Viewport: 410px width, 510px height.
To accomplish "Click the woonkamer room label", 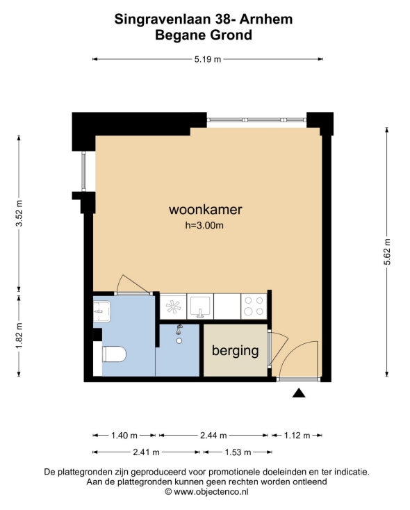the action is [205, 209].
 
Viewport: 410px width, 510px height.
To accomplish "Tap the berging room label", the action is [236, 351].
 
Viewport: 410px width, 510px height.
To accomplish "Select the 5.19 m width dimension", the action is [208, 59].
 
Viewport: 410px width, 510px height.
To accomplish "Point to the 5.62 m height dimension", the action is [387, 252].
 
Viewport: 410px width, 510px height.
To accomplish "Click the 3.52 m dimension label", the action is [19, 213].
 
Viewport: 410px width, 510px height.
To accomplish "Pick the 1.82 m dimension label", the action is [19, 336].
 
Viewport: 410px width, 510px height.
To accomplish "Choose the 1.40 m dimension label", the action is [124, 435].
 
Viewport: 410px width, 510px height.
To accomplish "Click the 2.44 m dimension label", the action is [213, 435].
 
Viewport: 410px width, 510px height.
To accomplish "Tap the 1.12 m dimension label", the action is [297, 435].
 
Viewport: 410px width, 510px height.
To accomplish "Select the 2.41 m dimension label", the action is [146, 452].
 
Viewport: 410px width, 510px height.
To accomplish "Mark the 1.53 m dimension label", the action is [238, 452].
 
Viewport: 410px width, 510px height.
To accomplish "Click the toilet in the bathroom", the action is [114, 354].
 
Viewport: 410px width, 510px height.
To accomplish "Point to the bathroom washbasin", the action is [102, 311].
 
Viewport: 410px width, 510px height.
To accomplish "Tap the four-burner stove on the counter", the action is [254, 306].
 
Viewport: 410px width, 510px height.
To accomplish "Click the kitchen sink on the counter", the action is [200, 306].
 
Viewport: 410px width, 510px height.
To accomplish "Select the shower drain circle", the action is [179, 341].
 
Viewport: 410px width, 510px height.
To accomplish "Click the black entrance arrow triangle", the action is [299, 393].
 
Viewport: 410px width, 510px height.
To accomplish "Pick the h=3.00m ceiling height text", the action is [204, 225].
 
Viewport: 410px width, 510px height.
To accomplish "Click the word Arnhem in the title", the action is [266, 19].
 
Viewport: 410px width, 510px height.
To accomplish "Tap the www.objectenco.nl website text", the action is [211, 492].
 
